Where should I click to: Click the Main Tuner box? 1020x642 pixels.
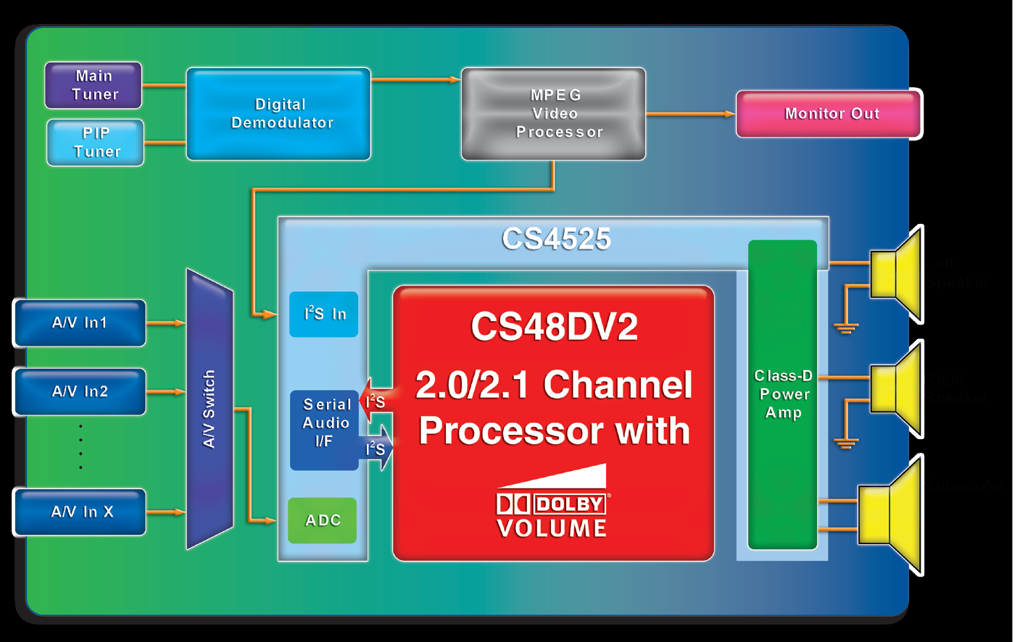point(94,86)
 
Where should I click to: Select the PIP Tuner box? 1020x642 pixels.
point(96,143)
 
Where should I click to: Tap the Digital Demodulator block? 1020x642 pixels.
point(279,114)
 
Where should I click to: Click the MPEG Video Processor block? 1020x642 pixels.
point(554,114)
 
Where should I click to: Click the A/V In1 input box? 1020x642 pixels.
point(80,323)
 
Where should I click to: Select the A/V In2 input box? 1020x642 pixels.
point(80,392)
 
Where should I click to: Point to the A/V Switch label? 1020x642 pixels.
point(209,409)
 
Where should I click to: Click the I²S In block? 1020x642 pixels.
point(324,314)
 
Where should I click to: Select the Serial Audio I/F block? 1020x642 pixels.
point(326,423)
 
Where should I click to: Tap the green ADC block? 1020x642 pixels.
point(323,520)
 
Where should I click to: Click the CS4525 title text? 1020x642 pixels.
point(556,239)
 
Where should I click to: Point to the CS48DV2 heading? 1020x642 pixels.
point(554,326)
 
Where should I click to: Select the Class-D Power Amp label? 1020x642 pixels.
point(783,394)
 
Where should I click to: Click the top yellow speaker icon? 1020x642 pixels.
point(897,274)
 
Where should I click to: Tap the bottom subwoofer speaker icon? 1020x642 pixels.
point(891,514)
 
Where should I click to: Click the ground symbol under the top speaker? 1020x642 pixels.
point(845,328)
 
